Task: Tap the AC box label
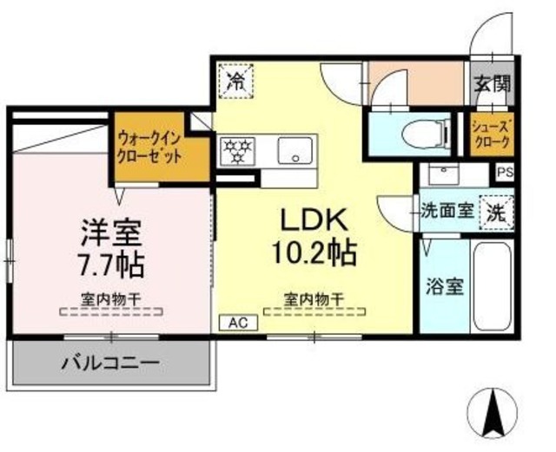pyautogui.click(x=238, y=321)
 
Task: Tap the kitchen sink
pyautogui.click(x=296, y=153)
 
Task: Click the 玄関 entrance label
pyautogui.click(x=493, y=84)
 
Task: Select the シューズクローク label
pyautogui.click(x=493, y=134)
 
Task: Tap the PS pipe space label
pyautogui.click(x=505, y=172)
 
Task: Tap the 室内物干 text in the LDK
pyautogui.click(x=314, y=300)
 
